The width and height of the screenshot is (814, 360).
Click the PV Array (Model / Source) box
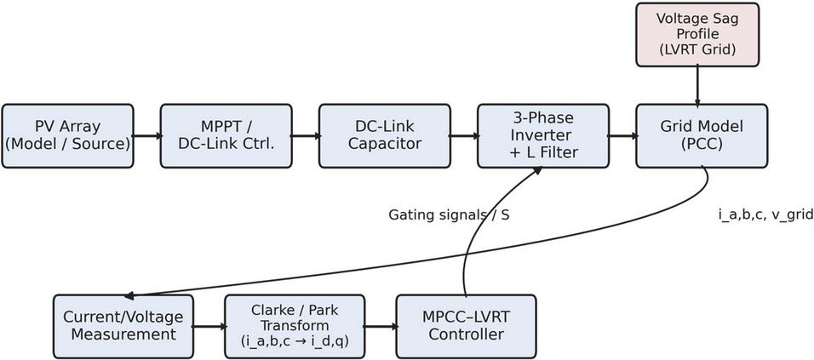pos(67,135)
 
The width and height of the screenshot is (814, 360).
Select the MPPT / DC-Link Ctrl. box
pos(226,135)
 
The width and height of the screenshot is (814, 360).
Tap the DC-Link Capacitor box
pos(384,135)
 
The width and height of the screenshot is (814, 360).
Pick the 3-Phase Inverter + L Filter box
pos(542,135)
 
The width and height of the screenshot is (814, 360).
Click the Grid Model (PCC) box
pos(702,135)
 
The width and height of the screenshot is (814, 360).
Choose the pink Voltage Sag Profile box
pos(697,34)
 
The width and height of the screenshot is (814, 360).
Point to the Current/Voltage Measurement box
pos(123,326)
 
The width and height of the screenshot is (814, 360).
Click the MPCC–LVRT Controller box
pos(466,326)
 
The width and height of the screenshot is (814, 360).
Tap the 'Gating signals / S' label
pos(449,215)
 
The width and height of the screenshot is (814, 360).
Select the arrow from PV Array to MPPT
pos(146,135)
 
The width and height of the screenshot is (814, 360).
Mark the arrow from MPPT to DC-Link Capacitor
pos(305,135)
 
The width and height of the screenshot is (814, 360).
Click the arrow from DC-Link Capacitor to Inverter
pos(463,135)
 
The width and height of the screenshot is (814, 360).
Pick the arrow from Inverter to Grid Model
pos(622,135)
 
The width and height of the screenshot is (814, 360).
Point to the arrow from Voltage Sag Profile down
pos(697,84)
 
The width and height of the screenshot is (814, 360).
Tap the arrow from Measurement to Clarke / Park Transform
pos(209,326)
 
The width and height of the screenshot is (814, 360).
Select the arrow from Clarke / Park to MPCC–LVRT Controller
pos(380,326)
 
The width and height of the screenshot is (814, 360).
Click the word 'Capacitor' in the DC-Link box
pos(384,144)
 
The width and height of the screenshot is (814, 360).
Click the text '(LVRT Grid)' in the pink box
pos(697,49)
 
